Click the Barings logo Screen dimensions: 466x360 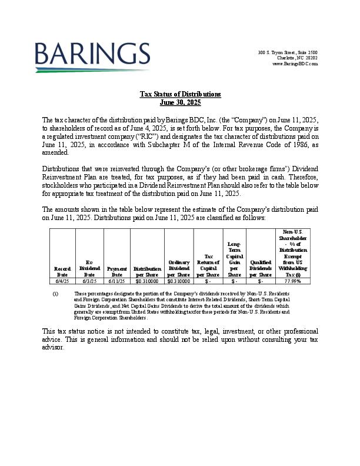point(92,56)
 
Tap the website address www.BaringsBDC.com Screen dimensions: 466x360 point(295,64)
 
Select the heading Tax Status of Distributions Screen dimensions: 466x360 point(180,94)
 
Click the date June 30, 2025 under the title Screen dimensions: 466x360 point(180,102)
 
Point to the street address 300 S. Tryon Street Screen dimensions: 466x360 point(288,53)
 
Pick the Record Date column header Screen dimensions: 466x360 point(62,271)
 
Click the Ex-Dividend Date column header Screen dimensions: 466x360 point(89,268)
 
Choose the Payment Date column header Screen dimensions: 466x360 point(116,271)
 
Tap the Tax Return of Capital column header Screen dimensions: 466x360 point(208,265)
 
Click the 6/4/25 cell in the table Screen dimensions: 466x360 point(62,281)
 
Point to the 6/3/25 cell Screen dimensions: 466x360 point(89,281)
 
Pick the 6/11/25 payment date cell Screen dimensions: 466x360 point(116,281)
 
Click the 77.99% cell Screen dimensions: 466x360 point(292,281)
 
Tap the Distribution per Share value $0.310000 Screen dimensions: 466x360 point(147,281)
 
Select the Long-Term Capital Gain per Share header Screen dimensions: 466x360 point(234,259)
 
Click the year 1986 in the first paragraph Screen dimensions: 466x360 point(287,144)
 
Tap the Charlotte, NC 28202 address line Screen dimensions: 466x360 point(298,58)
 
